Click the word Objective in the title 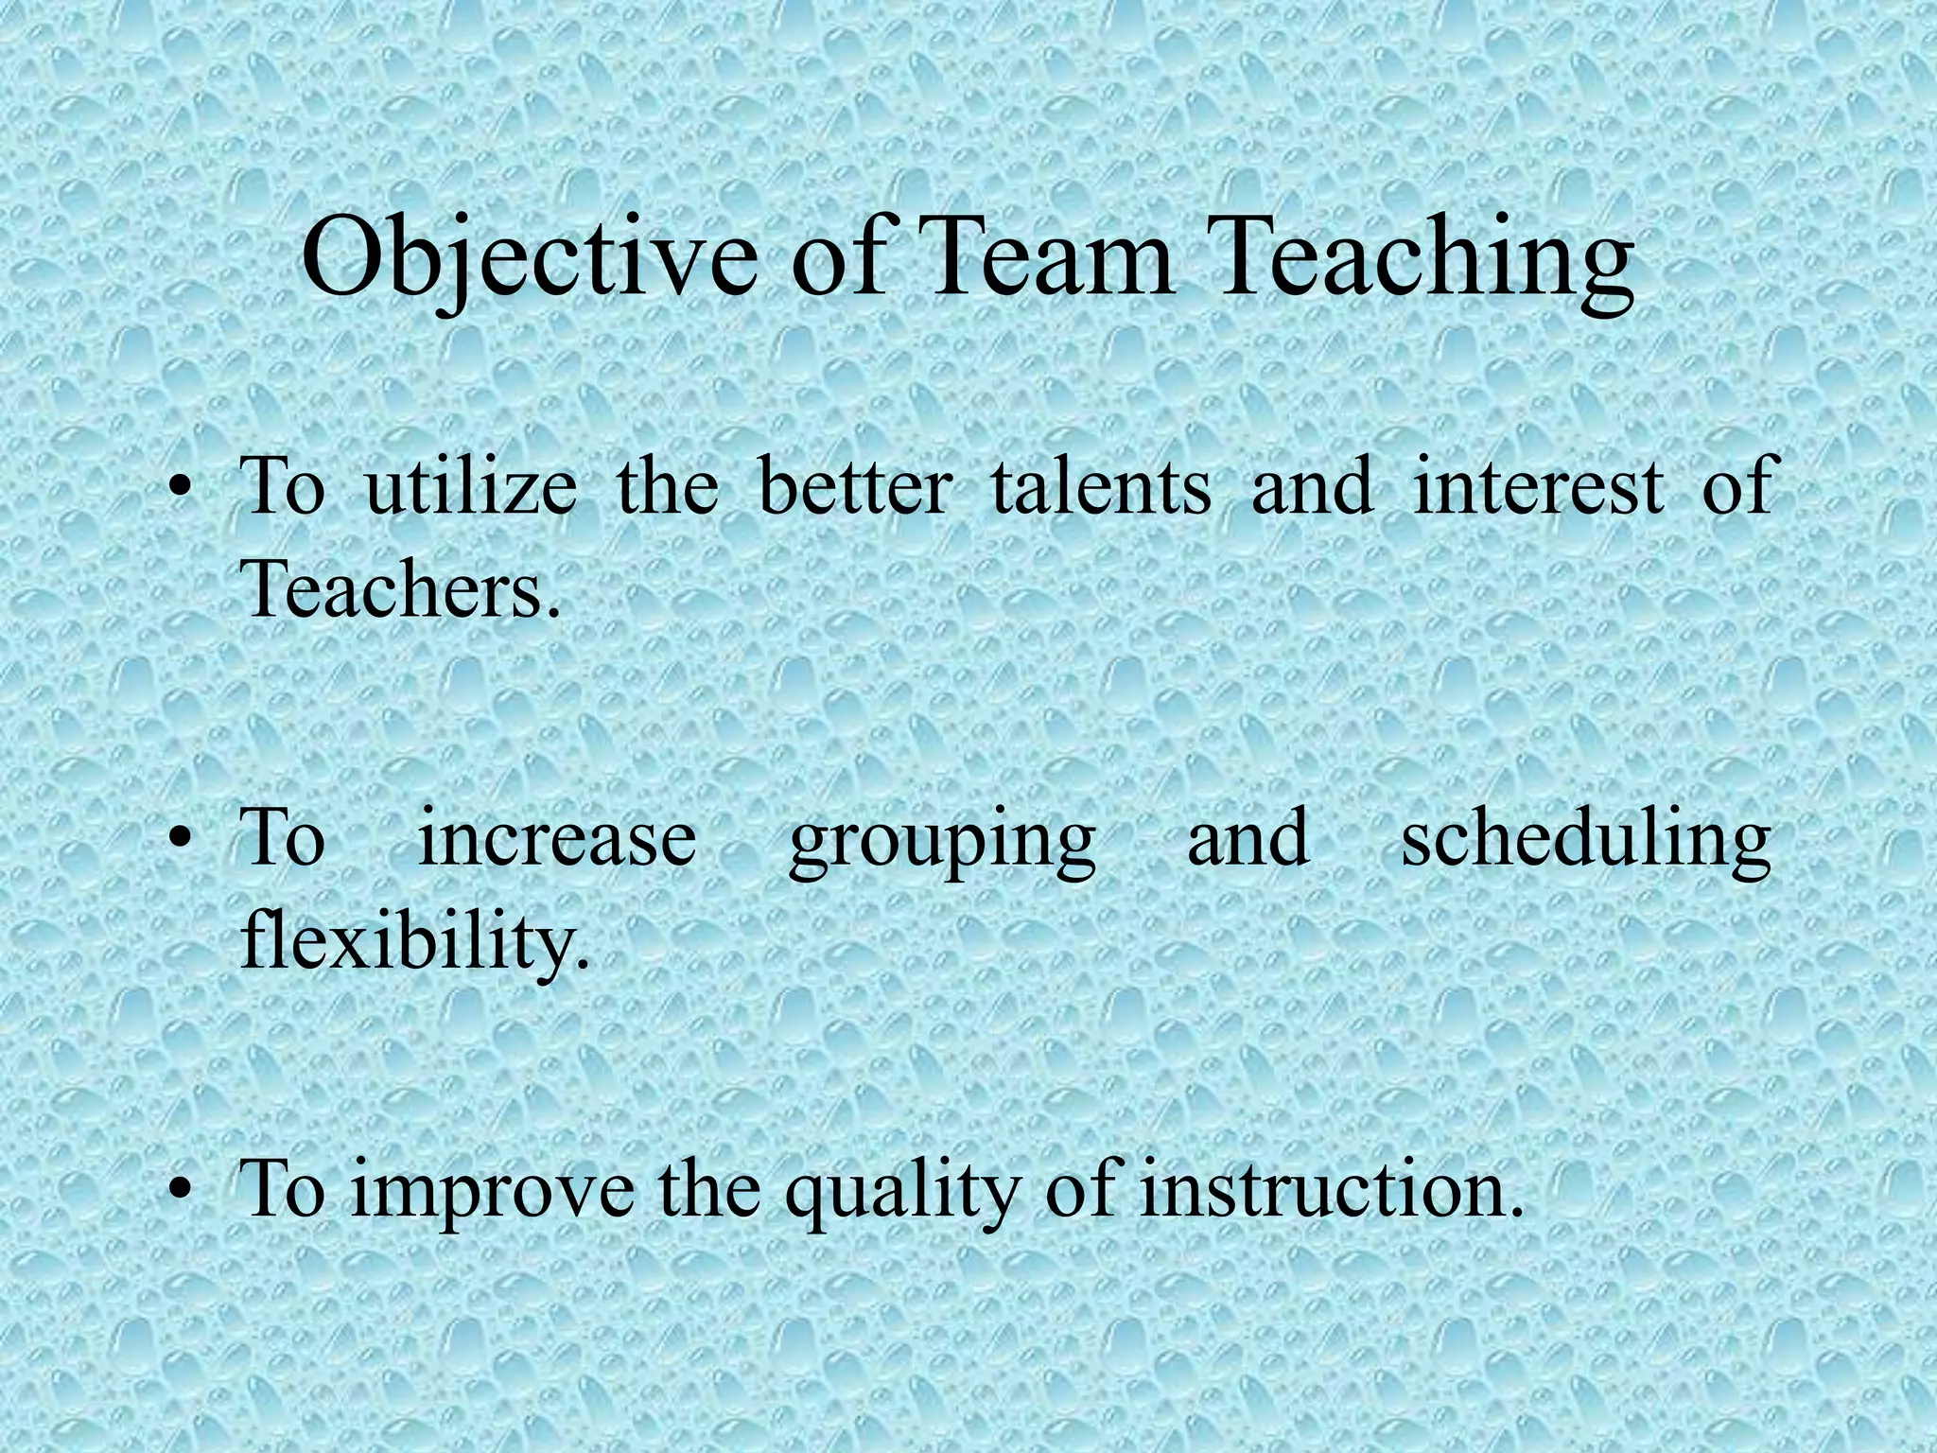[x=530, y=259]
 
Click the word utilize [x=471, y=486]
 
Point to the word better [x=855, y=486]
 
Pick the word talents [x=1101, y=486]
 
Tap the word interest [x=1538, y=486]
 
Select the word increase [x=557, y=838]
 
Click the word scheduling [x=1585, y=838]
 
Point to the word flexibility [x=414, y=940]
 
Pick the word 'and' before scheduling [x=1248, y=838]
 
